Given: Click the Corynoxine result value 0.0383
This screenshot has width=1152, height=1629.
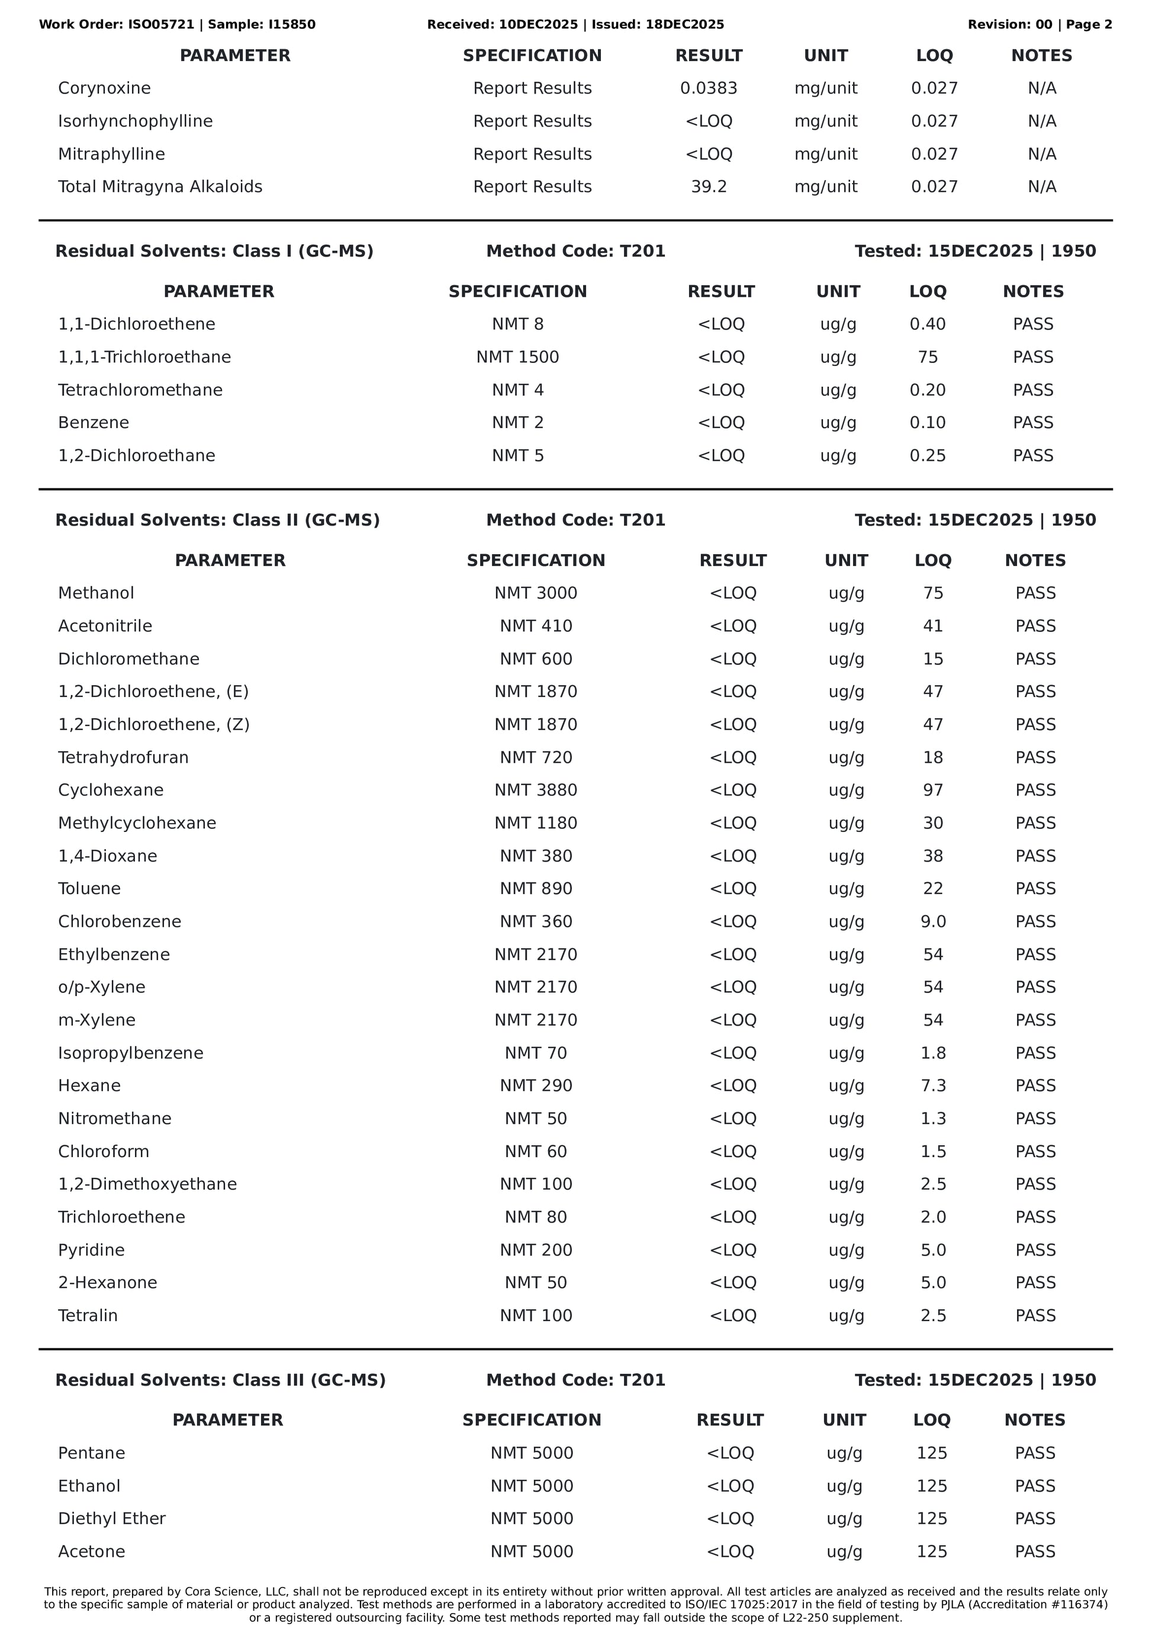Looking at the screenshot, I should click(708, 88).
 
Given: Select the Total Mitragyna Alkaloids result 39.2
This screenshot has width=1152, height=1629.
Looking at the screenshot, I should click(708, 187).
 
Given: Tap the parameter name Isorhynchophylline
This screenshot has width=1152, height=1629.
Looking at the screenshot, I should click(135, 121).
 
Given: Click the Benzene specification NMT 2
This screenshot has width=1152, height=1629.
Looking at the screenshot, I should click(517, 423).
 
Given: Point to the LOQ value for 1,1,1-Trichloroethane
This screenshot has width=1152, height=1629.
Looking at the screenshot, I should click(927, 357).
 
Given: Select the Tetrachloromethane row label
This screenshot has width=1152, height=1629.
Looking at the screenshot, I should click(140, 390).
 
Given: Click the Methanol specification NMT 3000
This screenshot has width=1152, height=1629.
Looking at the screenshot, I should click(536, 593).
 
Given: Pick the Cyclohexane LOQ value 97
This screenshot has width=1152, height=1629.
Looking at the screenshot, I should click(933, 791).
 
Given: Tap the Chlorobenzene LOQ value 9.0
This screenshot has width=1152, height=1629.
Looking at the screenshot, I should click(933, 921).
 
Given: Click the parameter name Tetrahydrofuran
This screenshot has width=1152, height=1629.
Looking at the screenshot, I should click(123, 758).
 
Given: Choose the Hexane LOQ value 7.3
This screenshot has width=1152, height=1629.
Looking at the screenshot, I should click(933, 1085).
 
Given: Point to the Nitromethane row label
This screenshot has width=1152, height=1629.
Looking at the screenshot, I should click(114, 1119).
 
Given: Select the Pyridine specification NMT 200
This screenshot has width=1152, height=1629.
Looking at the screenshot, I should click(536, 1250).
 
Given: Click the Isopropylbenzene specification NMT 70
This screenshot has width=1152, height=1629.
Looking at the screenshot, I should click(536, 1053).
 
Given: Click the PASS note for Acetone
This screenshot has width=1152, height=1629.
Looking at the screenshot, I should click(1034, 1551).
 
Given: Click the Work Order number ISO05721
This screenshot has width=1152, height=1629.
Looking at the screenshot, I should click(161, 25).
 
